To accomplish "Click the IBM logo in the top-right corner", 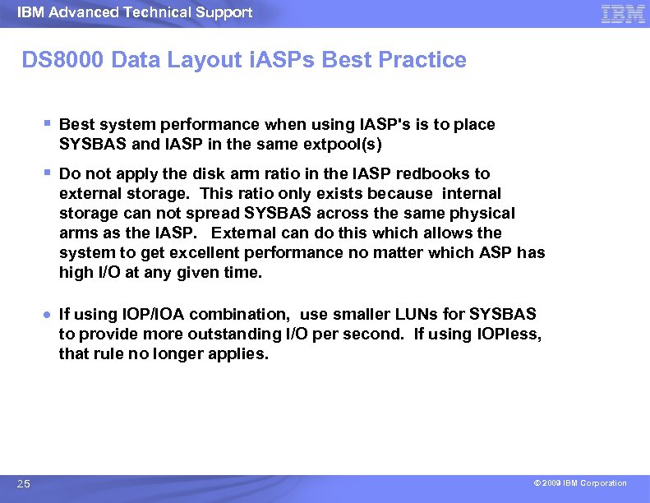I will click(x=623, y=14).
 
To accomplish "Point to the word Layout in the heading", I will click(x=196, y=60).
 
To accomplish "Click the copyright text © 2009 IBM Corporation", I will click(x=579, y=483).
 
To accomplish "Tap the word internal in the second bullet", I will click(x=471, y=193).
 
